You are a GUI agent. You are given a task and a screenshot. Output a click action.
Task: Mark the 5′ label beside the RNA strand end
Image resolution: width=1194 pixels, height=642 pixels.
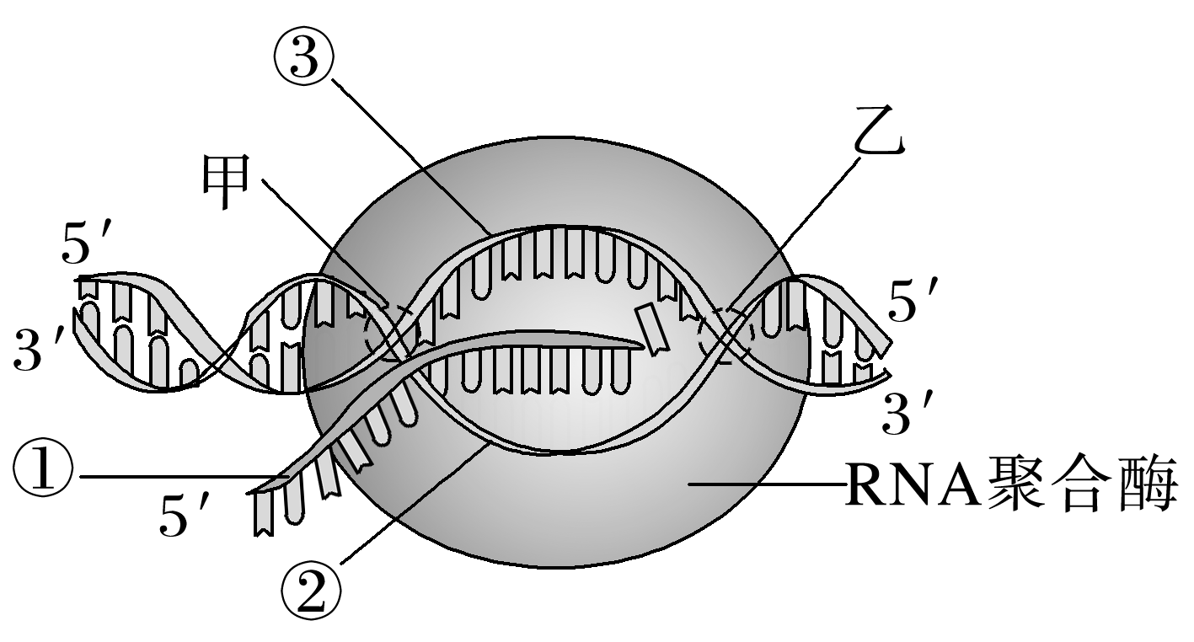pos(184,514)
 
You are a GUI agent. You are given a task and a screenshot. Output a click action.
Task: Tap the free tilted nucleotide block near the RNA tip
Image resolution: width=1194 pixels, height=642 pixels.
pos(652,329)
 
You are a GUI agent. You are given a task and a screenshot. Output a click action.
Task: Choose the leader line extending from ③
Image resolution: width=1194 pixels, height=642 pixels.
pos(413,156)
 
